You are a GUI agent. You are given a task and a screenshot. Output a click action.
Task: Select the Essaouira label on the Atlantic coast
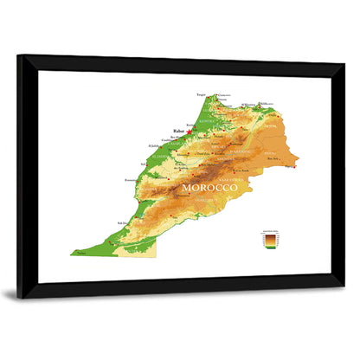tap(130, 179)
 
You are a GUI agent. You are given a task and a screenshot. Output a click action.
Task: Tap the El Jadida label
tap(153, 145)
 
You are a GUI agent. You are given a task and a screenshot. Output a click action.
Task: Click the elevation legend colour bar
tap(271, 241)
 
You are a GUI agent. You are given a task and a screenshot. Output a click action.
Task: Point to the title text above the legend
tap(271, 230)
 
